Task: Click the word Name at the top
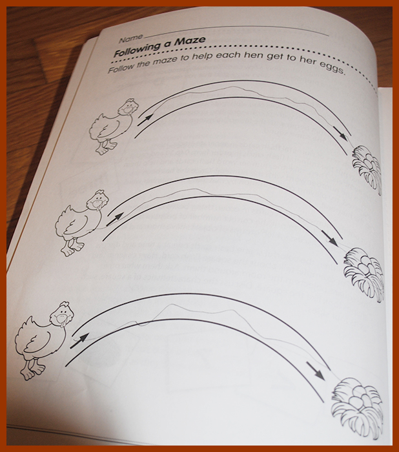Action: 131,38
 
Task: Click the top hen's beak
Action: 127,110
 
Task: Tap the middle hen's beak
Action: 94,204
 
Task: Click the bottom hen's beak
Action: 61,319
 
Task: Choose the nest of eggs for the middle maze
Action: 364,274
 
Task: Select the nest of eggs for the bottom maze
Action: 358,407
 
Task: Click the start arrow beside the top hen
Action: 145,119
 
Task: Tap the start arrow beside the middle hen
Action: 115,219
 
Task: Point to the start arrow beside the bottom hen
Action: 79,341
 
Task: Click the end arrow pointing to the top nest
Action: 340,134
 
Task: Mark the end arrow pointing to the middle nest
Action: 330,239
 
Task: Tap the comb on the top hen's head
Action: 130,101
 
